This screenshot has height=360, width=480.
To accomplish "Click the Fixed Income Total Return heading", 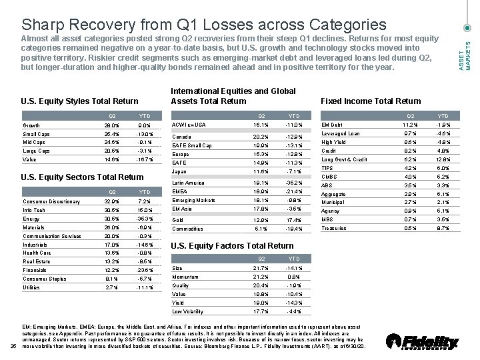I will point(371,101).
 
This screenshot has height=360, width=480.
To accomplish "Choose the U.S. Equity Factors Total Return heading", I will point(223,246).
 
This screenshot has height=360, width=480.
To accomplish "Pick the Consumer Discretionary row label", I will point(51,201).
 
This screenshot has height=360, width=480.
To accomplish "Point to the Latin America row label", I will point(188,182).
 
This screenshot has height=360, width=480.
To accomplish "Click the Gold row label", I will point(178,219).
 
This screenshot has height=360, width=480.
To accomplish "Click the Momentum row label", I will point(185,276).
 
